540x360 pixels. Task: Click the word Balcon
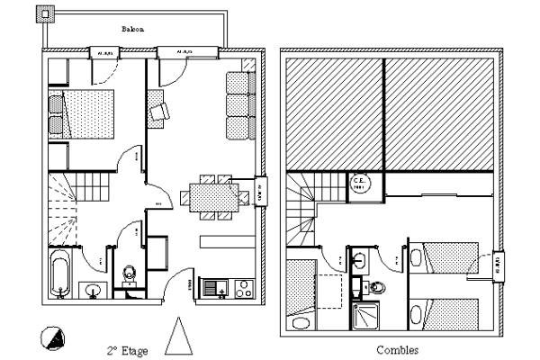click(x=133, y=30)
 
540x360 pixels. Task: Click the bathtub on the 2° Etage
click(x=60, y=272)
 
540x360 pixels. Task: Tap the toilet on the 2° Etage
click(x=129, y=273)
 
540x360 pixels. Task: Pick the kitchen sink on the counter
click(x=215, y=289)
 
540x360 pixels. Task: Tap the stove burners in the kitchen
click(x=241, y=289)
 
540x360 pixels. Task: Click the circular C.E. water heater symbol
click(x=357, y=183)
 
